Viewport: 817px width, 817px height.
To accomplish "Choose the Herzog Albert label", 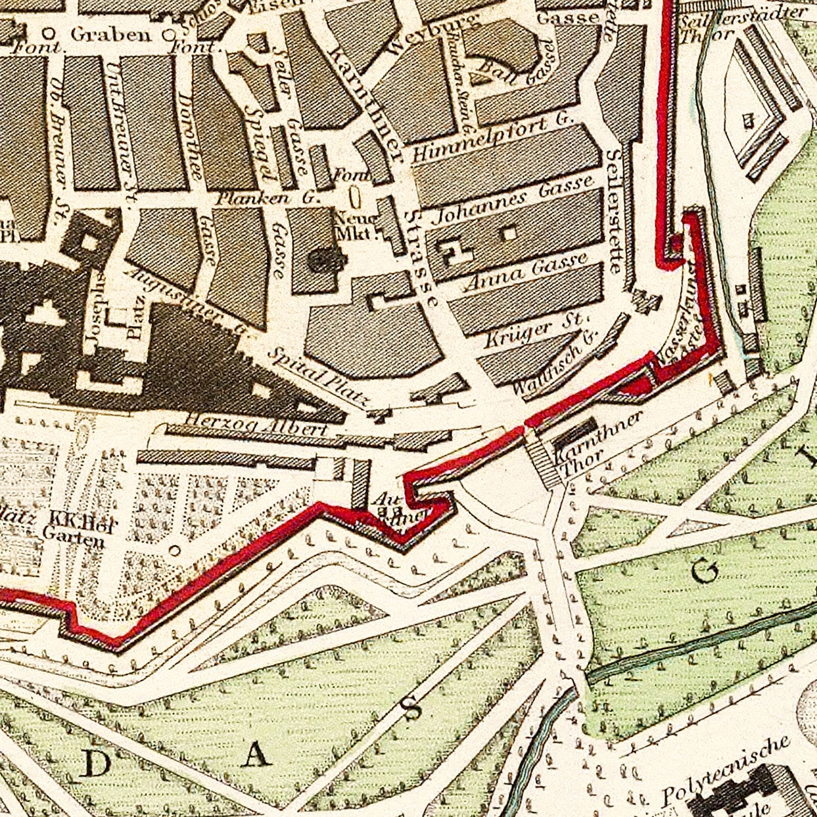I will point(257,425).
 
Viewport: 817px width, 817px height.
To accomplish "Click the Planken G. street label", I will point(266,198).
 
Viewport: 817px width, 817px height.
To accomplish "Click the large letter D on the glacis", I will point(96,765).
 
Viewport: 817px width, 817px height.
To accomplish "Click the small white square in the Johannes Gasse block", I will point(509,233).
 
